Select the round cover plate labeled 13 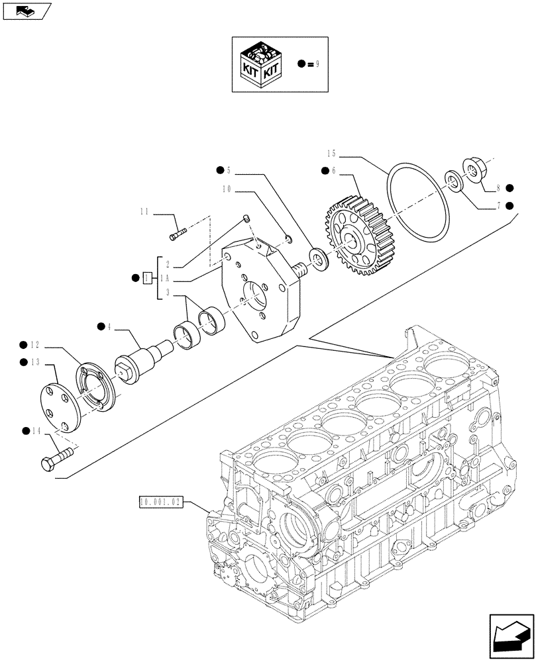pyautogui.click(x=58, y=410)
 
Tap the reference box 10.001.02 pyautogui.click(x=160, y=502)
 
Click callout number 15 pyautogui.click(x=332, y=154)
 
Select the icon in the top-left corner pyautogui.click(x=26, y=11)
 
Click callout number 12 pyautogui.click(x=36, y=344)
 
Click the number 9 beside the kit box pyautogui.click(x=317, y=64)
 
